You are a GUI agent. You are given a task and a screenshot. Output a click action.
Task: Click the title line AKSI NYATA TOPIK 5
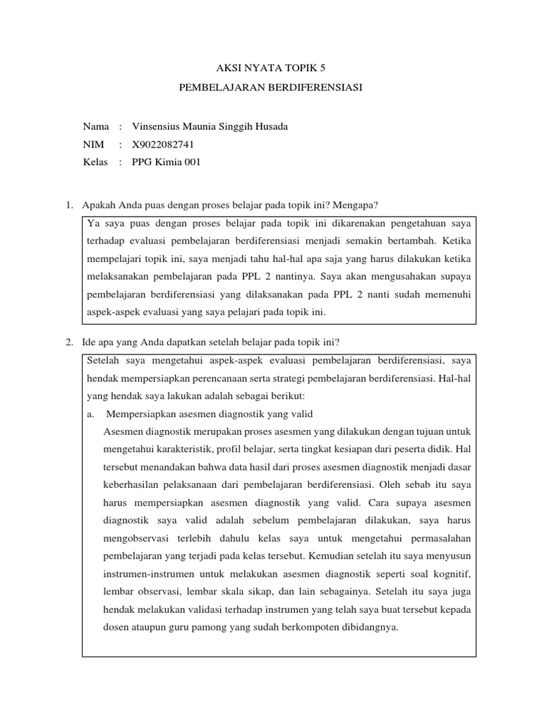point(271,68)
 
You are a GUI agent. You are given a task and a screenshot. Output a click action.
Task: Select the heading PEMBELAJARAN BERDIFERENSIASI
point(271,90)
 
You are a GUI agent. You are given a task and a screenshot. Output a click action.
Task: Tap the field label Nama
point(96,126)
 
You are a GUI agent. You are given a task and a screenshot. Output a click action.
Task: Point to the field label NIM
point(93,145)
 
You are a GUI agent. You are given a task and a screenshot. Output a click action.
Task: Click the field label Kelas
point(95,162)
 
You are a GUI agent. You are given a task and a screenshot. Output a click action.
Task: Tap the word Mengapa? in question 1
point(358,205)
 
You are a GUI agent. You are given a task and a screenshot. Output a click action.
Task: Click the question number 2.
point(69,342)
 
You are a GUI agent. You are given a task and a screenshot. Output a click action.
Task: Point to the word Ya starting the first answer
point(92,223)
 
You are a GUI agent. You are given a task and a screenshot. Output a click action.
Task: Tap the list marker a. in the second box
point(91,414)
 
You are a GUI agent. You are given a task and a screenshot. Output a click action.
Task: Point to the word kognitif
point(454,573)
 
